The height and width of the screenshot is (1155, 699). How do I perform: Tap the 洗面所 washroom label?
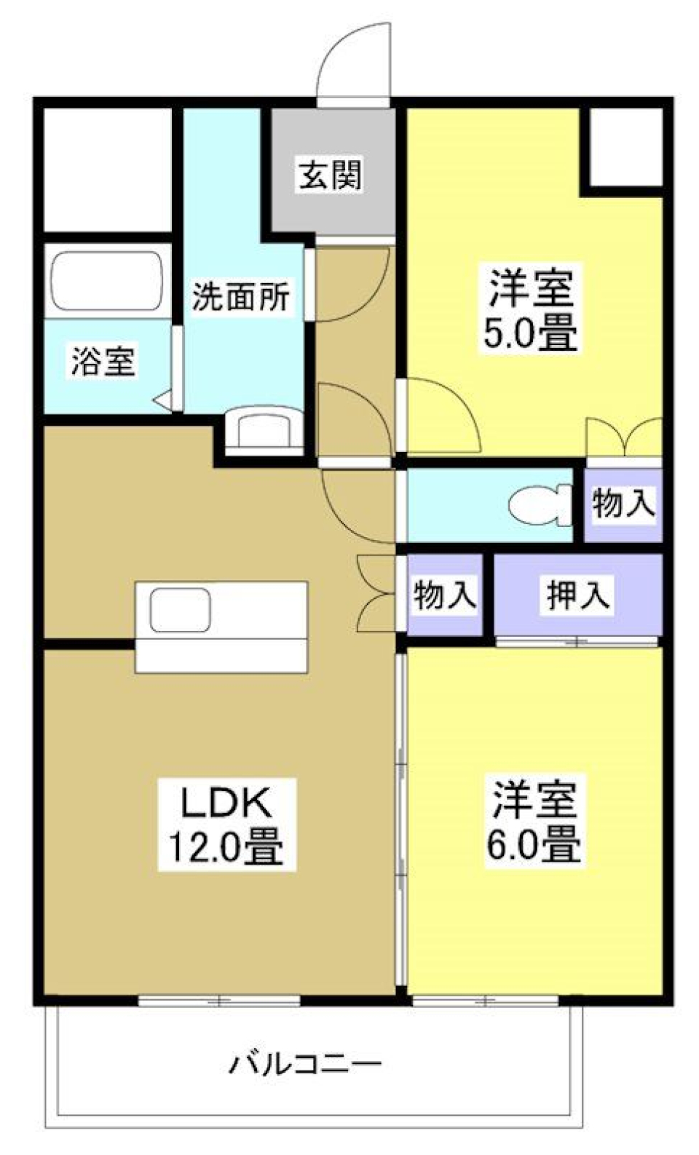pyautogui.click(x=240, y=296)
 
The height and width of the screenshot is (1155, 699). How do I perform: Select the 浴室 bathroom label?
pyautogui.click(x=103, y=361)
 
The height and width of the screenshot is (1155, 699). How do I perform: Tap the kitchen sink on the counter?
pyautogui.click(x=181, y=610)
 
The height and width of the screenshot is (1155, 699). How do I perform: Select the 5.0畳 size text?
pyautogui.click(x=530, y=334)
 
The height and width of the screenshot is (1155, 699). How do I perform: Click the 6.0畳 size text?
pyautogui.click(x=534, y=845)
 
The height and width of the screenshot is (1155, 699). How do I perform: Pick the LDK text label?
pyautogui.click(x=226, y=803)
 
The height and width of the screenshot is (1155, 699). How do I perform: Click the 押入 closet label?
pyautogui.click(x=578, y=595)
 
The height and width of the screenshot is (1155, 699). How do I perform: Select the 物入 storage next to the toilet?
pyautogui.click(x=623, y=504)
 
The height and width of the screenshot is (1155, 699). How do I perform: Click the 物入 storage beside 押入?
pyautogui.click(x=444, y=595)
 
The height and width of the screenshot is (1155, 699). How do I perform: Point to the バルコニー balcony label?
pyautogui.click(x=305, y=1065)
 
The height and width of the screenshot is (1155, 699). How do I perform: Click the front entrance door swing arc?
pyautogui.click(x=355, y=62)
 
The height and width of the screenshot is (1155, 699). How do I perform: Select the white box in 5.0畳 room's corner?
pyautogui.click(x=625, y=148)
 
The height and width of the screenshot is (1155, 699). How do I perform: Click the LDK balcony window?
pyautogui.click(x=219, y=1001)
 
